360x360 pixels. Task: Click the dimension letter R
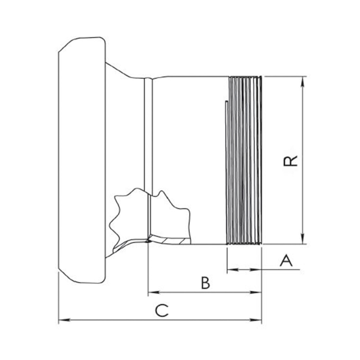(x=290, y=161)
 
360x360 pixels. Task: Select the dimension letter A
(x=286, y=260)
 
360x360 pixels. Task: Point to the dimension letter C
(x=162, y=311)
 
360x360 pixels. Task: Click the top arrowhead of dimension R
(x=303, y=82)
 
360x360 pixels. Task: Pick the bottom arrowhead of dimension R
(x=303, y=239)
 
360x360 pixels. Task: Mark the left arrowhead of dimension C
(x=64, y=320)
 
